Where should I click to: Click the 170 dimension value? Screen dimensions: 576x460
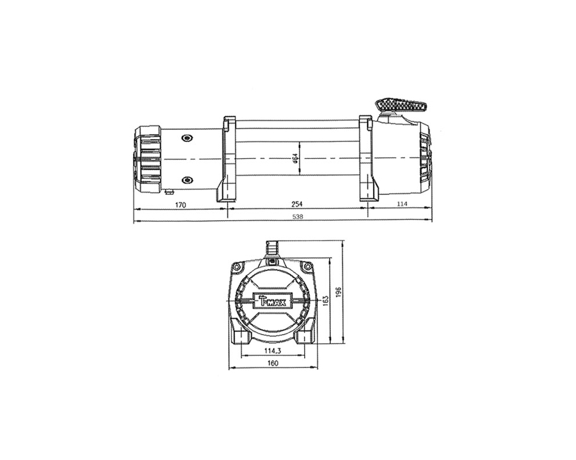point(180,205)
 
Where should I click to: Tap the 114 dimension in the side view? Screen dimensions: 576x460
point(402,204)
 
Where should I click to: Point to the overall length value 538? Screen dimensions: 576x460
point(298,216)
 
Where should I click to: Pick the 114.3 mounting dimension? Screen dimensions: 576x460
point(272,351)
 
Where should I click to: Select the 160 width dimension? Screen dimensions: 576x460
point(273,363)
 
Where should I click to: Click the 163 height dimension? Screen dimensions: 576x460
point(325,300)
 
